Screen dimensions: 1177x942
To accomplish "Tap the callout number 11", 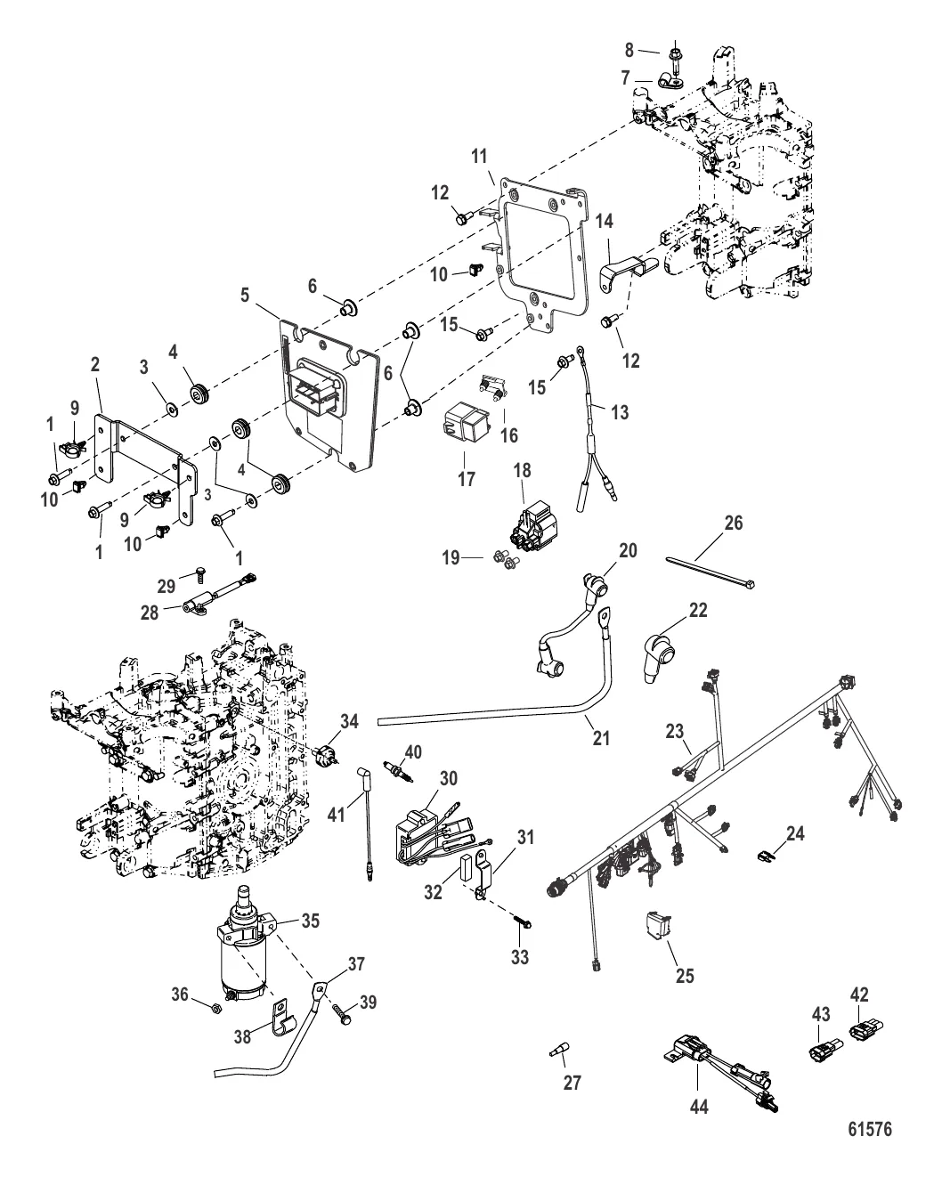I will (479, 157).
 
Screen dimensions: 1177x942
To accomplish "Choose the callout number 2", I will (94, 364).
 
